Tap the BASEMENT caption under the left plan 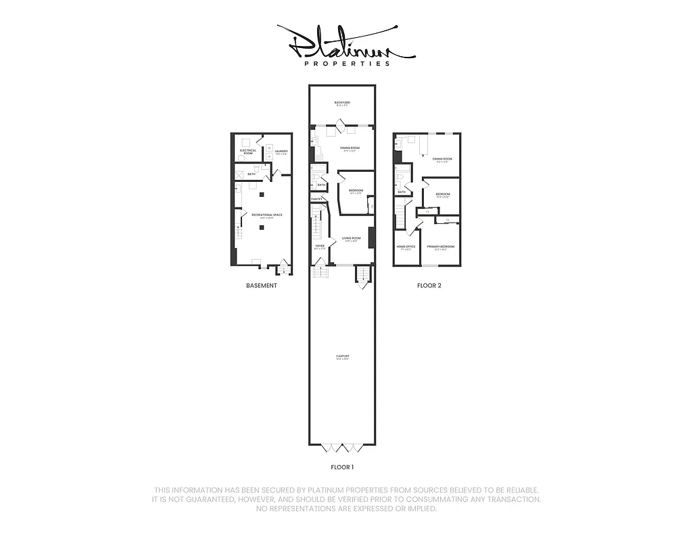[262, 286]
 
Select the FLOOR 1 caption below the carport [342, 467]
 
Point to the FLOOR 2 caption [429, 286]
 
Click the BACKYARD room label [342, 103]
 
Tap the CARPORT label [342, 356]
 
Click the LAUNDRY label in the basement [281, 151]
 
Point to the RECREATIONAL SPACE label [266, 215]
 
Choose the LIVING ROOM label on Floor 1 [351, 238]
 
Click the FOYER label [319, 246]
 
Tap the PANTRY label [316, 199]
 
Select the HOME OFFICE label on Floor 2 [406, 246]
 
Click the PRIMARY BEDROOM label [440, 246]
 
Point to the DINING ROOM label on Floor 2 [442, 159]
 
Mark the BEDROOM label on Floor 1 [356, 191]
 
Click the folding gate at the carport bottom [342, 447]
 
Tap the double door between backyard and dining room [342, 124]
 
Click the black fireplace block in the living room [371, 237]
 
